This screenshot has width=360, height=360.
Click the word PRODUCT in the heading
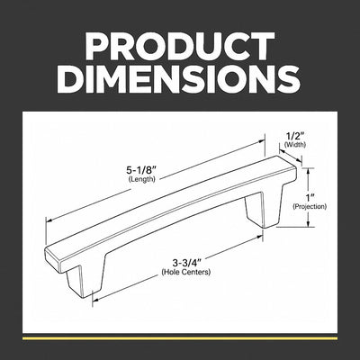point(180,46)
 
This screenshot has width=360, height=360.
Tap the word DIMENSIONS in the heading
point(180,77)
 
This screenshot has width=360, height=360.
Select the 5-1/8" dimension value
point(142,171)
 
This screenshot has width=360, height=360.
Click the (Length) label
point(142,180)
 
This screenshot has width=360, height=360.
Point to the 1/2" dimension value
point(295,137)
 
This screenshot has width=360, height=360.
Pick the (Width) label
point(295,145)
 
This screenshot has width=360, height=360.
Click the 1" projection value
point(310,198)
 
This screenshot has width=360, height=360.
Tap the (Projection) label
point(310,206)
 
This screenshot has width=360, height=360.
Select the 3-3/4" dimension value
point(186,263)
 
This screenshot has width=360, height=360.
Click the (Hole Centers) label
point(186,272)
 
